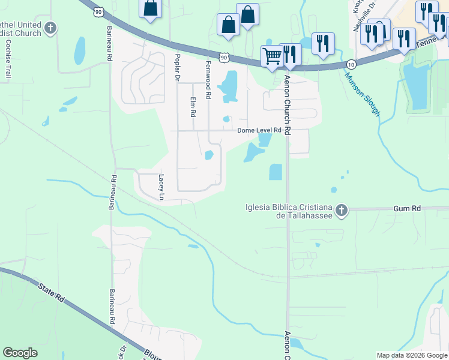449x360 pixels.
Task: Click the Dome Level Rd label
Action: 259,130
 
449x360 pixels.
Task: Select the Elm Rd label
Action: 193,107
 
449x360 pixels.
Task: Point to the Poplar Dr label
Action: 177,66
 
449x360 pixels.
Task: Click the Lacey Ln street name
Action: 161,187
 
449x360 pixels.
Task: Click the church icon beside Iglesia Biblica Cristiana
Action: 342,210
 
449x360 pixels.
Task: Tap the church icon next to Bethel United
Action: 51,28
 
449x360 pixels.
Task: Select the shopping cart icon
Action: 272,56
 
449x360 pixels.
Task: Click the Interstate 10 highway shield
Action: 350,64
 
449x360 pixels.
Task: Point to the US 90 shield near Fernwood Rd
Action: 224,57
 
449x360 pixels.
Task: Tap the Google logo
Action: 20,353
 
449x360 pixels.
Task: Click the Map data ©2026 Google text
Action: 412,355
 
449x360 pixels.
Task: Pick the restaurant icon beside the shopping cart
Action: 291,54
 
